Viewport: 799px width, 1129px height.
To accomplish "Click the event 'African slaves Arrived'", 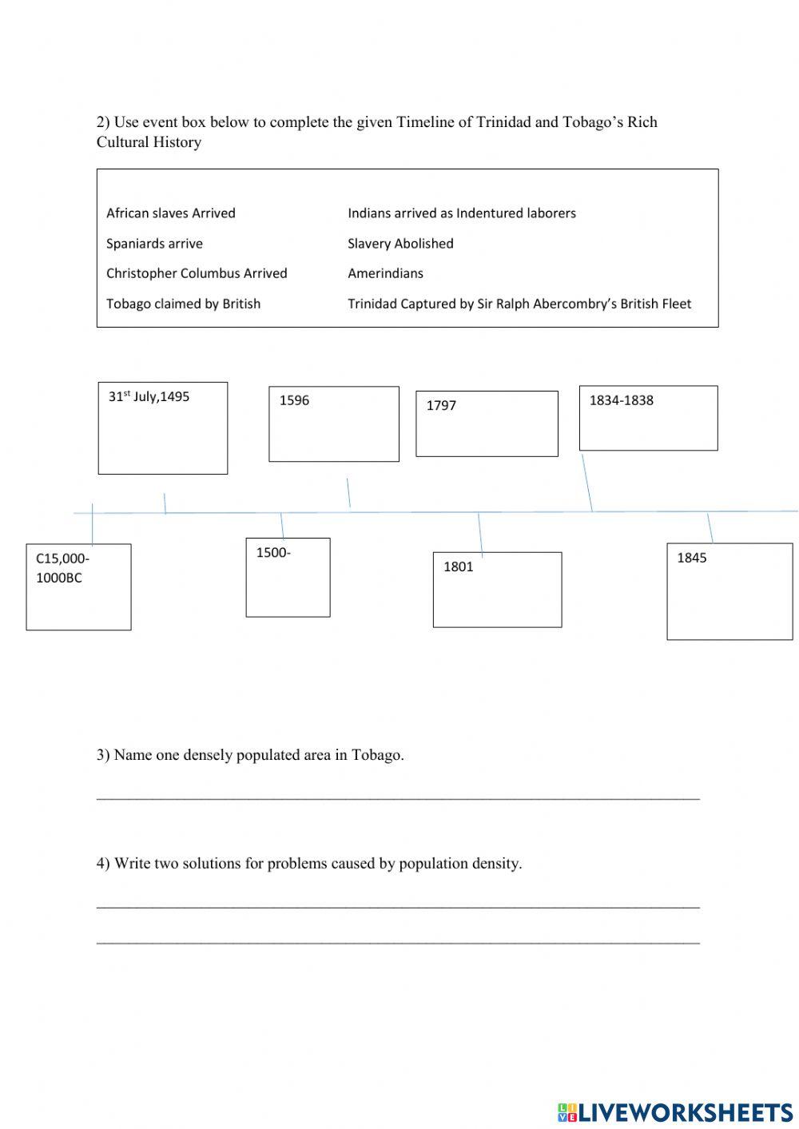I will tap(170, 213).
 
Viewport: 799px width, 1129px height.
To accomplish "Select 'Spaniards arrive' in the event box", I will tap(154, 244).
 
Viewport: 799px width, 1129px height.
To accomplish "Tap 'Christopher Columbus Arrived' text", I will tap(197, 273).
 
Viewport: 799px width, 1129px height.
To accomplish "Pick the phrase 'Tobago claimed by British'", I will tap(183, 304).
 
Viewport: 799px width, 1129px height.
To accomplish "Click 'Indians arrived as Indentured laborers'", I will tap(461, 213).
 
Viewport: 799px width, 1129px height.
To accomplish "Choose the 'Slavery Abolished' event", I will tap(400, 244).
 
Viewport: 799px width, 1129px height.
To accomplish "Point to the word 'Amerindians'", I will tap(385, 273).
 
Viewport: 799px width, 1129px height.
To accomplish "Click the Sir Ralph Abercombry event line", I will tap(519, 304).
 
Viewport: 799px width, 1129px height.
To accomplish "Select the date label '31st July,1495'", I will tap(149, 396).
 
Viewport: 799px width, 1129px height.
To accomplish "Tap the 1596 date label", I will tap(294, 400).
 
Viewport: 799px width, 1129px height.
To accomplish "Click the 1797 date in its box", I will tap(441, 405).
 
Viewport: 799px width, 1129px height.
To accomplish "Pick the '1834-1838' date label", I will tap(621, 400).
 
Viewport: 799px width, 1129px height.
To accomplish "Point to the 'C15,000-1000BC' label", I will tap(62, 568).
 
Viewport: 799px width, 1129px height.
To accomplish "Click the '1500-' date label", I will tap(273, 552).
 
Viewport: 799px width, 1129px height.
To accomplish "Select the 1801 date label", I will tap(458, 566).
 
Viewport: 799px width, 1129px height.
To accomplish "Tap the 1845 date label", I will tap(692, 558).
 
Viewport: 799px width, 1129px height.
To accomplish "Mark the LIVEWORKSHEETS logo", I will tap(675, 1111).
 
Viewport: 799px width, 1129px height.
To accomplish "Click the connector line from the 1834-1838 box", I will tap(587, 483).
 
